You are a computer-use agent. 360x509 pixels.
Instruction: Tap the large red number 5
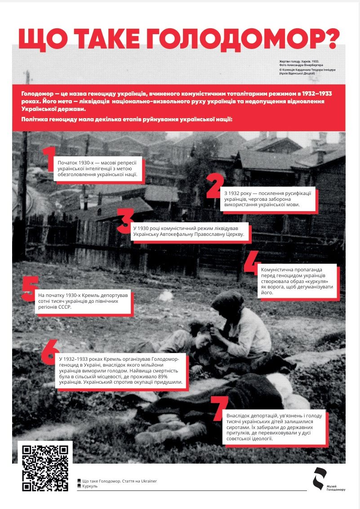point(30,288)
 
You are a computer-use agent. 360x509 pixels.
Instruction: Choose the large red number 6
point(50,352)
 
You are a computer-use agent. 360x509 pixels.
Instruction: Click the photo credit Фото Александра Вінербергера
point(301,65)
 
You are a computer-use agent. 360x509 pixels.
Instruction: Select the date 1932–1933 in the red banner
point(312,93)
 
